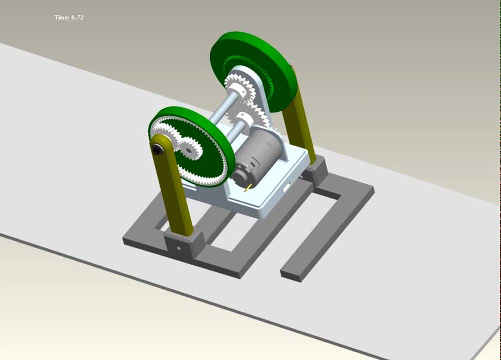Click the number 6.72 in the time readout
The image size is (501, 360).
[x=77, y=17]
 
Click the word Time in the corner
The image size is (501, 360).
[x=61, y=17]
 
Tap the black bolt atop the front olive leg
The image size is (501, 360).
[x=157, y=149]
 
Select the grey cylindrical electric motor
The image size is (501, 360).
[x=255, y=155]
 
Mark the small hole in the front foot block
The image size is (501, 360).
[x=178, y=247]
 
